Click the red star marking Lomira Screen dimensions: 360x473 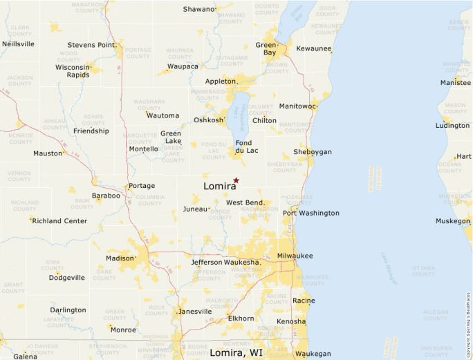(236, 180)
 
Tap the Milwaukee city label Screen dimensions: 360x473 (295, 256)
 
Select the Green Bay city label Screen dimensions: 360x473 (266, 48)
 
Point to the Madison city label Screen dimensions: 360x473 (119, 258)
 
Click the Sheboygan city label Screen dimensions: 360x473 (313, 151)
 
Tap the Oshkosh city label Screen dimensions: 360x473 (209, 120)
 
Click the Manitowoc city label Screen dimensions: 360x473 (297, 106)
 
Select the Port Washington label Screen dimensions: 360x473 (310, 213)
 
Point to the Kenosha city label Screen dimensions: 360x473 (290, 321)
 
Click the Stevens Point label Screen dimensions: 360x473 (91, 45)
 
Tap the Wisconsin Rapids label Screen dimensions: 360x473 (73, 71)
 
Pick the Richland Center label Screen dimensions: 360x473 (59, 221)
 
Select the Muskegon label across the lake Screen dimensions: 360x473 (452, 221)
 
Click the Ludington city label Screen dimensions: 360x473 (452, 126)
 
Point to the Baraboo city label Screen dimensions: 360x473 (106, 196)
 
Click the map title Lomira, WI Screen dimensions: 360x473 (236, 353)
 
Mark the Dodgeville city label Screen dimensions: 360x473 (66, 278)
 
